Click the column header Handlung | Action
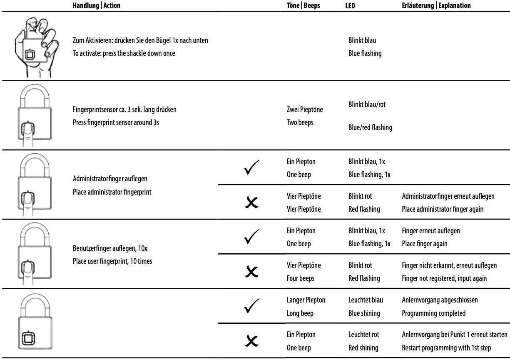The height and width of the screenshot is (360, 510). click(97, 6)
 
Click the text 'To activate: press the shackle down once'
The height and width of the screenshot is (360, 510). click(124, 53)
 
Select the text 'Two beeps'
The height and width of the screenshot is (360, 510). click(300, 122)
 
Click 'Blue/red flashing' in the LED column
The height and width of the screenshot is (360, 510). click(370, 127)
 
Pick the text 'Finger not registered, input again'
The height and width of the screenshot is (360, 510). click(444, 278)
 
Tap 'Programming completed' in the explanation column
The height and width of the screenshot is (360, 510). click(433, 313)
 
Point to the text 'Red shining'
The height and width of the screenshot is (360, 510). click(363, 347)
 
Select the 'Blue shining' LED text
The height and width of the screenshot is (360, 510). click(363, 313)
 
